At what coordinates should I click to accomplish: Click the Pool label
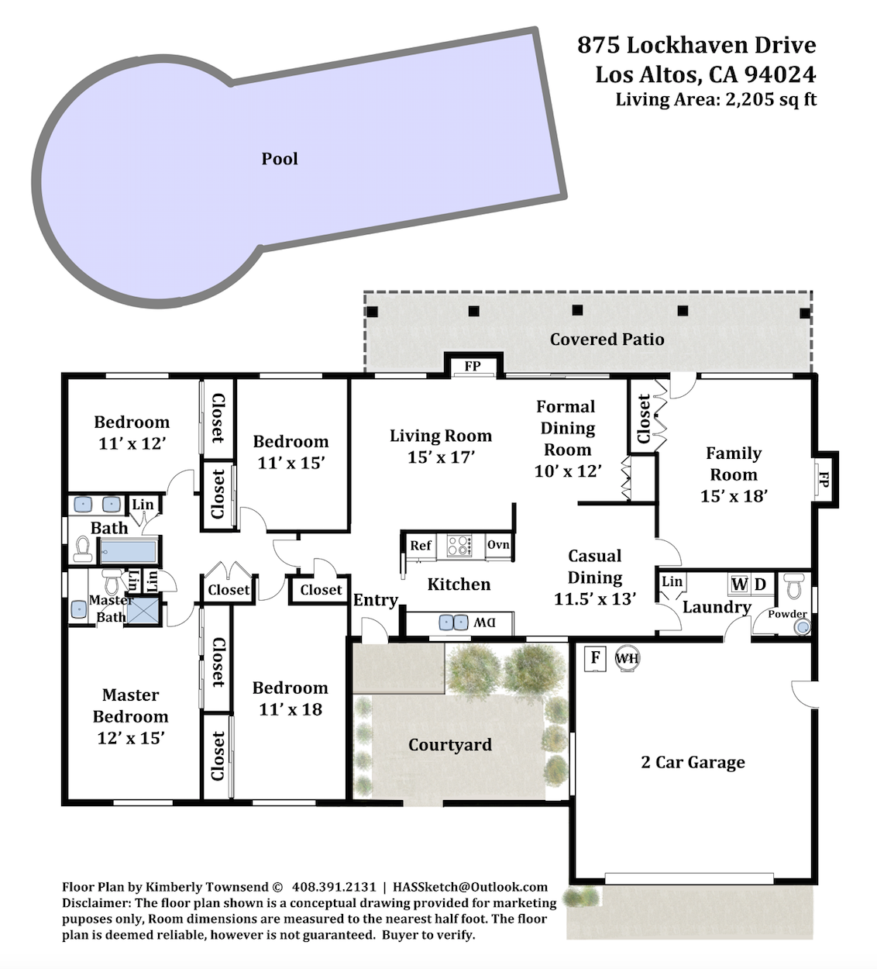[x=280, y=159]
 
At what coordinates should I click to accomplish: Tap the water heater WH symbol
[x=627, y=658]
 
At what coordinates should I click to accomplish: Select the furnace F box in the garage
[x=596, y=658]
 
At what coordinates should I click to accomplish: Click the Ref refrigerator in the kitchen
[x=421, y=547]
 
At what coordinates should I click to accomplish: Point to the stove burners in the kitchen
[x=460, y=546]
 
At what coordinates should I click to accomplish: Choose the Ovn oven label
[x=498, y=545]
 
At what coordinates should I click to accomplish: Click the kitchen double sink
[x=453, y=622]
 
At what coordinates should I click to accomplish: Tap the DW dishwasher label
[x=484, y=622]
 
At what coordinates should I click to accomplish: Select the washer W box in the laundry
[x=739, y=585]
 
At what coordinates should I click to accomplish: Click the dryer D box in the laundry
[x=761, y=585]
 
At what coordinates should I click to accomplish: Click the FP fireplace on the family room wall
[x=824, y=480]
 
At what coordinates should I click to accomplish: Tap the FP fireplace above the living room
[x=473, y=366]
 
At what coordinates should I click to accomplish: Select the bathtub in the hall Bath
[x=129, y=551]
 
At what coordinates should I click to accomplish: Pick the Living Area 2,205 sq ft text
[x=716, y=99]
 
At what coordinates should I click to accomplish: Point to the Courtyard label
[x=450, y=744]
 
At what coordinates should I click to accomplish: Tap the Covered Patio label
[x=607, y=339]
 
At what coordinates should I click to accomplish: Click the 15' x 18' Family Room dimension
[x=734, y=496]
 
